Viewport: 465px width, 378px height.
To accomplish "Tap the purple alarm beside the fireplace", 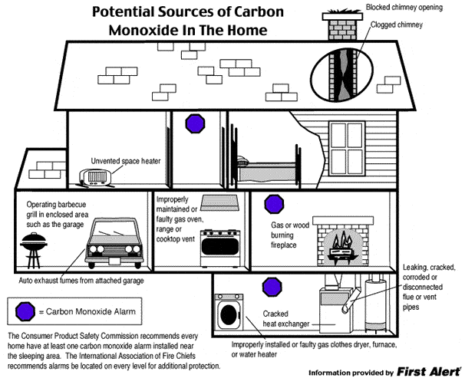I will [x=273, y=205].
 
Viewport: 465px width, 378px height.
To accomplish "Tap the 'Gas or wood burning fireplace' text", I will [x=291, y=237].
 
